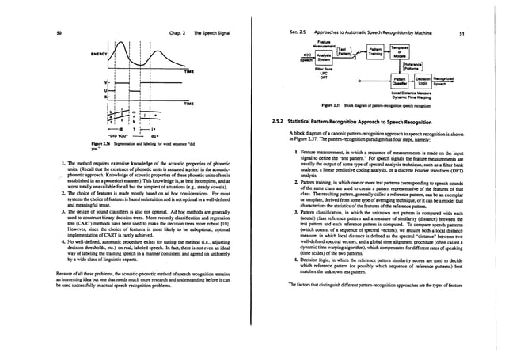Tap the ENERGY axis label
tap(82, 55)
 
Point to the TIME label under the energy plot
tap(188, 72)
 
